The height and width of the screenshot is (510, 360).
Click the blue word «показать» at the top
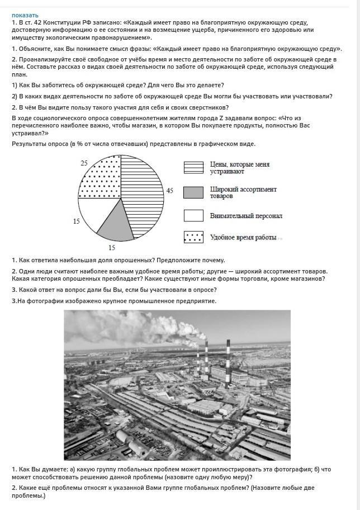[25, 15]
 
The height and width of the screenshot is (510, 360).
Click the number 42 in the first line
[37, 22]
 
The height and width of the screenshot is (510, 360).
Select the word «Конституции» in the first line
[63, 22]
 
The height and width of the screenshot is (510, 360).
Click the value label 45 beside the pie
[169, 191]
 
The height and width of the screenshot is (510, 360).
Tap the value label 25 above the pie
[84, 163]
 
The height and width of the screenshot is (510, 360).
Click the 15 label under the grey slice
[112, 247]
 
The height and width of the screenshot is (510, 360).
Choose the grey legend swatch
[193, 192]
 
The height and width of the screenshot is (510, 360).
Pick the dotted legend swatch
[193, 237]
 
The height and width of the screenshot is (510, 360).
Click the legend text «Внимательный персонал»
[246, 215]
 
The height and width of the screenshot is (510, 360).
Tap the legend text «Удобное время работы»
[243, 238]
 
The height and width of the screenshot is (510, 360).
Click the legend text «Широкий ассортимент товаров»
[243, 192]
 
